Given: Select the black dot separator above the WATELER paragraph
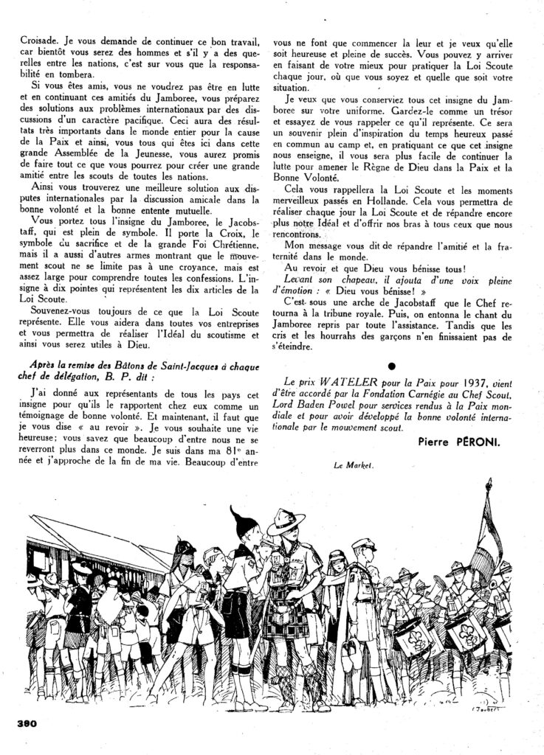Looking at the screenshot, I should click(x=391, y=366).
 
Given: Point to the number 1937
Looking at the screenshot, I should click(x=464, y=383).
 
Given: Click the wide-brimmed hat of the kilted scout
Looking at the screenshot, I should click(x=286, y=521).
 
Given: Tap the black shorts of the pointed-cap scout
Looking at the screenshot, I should click(x=238, y=611).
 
